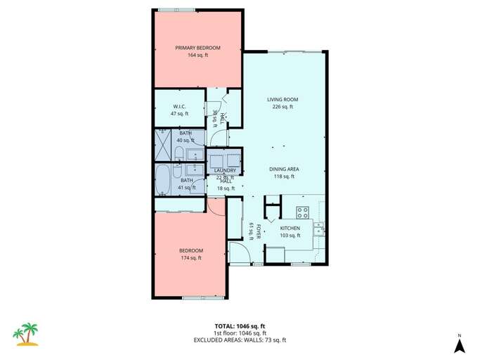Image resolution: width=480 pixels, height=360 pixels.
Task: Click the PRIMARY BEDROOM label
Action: coord(197,48)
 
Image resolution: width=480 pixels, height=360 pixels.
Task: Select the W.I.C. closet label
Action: coord(179,107)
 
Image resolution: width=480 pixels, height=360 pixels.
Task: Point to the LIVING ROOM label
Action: coord(283,100)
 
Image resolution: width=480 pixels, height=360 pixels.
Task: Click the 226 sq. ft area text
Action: coord(283,107)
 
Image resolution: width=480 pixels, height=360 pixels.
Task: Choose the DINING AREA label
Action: coord(284,169)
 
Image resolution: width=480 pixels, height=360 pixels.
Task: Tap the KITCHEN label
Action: coord(290,229)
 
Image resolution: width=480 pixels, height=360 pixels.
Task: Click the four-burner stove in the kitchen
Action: coord(304,212)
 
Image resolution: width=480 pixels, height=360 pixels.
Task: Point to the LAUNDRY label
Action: coord(226,170)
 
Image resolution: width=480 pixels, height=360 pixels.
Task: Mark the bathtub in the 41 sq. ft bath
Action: coord(163,180)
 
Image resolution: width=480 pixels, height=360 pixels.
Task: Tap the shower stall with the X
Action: coord(163,146)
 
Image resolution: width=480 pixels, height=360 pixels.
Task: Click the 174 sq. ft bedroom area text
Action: coord(190,258)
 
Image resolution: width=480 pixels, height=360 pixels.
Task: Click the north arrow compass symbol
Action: coord(458,344)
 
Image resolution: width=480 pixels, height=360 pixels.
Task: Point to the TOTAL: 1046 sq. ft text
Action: coord(240,326)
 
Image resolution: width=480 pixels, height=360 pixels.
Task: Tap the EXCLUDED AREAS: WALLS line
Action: coord(240,340)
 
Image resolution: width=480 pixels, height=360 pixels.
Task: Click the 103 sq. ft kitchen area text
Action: coord(290,236)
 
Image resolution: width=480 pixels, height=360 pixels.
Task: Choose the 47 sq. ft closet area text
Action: coord(179,114)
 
